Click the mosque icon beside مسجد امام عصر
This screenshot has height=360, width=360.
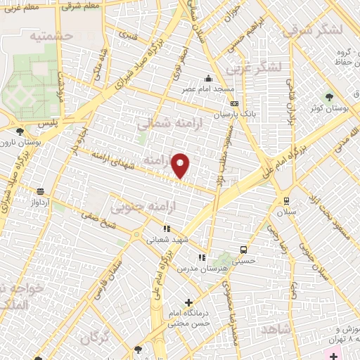[208, 79]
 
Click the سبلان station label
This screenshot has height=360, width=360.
[286, 212]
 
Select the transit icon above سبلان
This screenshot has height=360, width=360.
[286, 200]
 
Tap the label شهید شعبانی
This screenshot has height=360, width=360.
[167, 239]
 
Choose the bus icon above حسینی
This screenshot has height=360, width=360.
[244, 250]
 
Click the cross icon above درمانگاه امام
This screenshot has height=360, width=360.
[188, 302]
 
